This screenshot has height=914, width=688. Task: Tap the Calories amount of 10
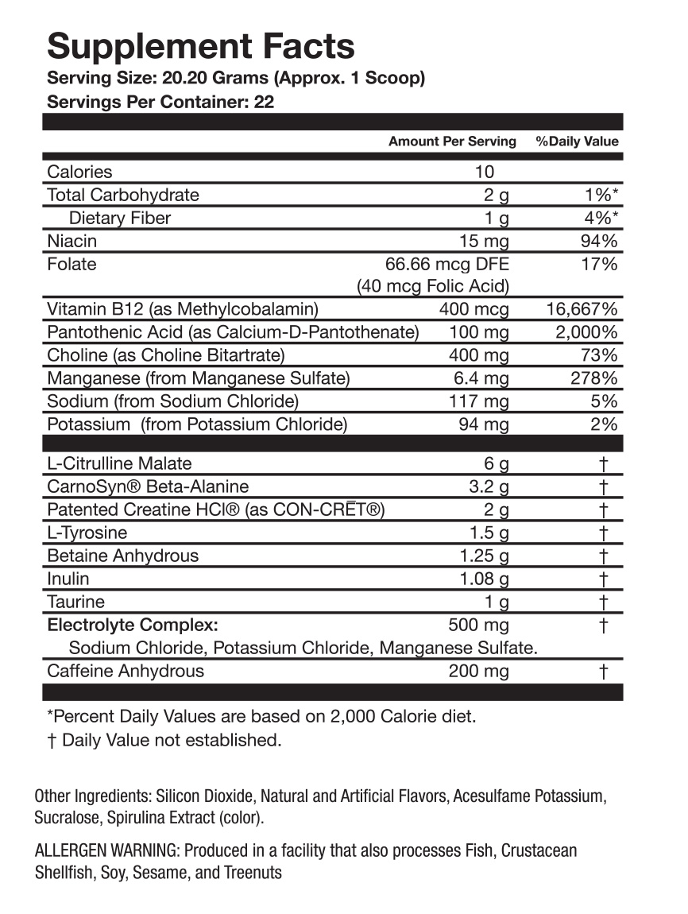point(485,172)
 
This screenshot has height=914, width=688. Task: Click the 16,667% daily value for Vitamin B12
point(582,308)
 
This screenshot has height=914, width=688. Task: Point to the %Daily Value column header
point(577,141)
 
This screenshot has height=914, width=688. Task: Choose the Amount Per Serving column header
point(452,141)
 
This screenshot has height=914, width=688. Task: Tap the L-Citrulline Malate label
point(119,463)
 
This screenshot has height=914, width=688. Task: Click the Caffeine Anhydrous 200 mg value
point(478,671)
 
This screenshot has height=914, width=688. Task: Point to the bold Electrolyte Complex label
point(133,625)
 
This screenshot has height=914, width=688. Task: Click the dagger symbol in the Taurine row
point(604,602)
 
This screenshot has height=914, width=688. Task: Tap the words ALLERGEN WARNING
point(108,850)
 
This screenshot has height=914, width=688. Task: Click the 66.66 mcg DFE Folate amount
point(446,264)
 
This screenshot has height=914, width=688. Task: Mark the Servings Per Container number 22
point(265,103)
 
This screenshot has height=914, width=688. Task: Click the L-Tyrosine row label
point(87,533)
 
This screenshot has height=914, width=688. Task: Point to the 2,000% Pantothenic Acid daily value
point(587,332)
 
